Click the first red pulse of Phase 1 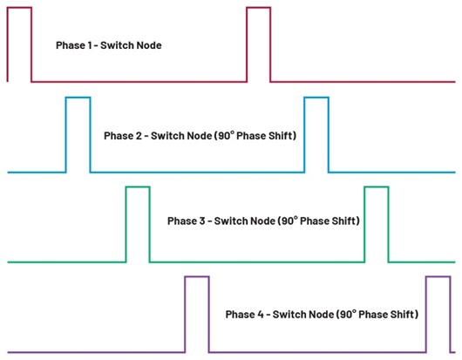pyautogui.click(x=19, y=8)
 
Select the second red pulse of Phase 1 pyautogui.click(x=259, y=8)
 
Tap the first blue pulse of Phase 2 pyautogui.click(x=78, y=98)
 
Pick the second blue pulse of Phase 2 pyautogui.click(x=316, y=98)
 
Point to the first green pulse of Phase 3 pyautogui.click(x=138, y=187)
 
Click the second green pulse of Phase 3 pyautogui.click(x=377, y=187)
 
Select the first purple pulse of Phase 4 pyautogui.click(x=197, y=277)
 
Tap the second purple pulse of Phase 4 pyautogui.click(x=438, y=277)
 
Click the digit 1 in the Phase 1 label pyautogui.click(x=90, y=45)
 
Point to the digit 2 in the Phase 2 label pyautogui.click(x=139, y=136)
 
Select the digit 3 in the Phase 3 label pyautogui.click(x=202, y=221)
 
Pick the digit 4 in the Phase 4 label pyautogui.click(x=261, y=315)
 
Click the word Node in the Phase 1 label pyautogui.click(x=150, y=45)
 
